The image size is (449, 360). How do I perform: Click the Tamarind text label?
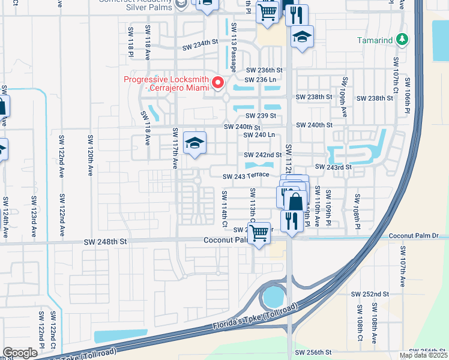375,40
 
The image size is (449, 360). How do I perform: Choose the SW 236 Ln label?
261,79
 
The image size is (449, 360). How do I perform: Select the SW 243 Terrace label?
246,176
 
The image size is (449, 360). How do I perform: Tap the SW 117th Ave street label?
175,148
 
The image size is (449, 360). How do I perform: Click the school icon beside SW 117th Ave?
194,143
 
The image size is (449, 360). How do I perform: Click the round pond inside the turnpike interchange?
273,296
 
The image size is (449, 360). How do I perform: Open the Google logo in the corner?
20,353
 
